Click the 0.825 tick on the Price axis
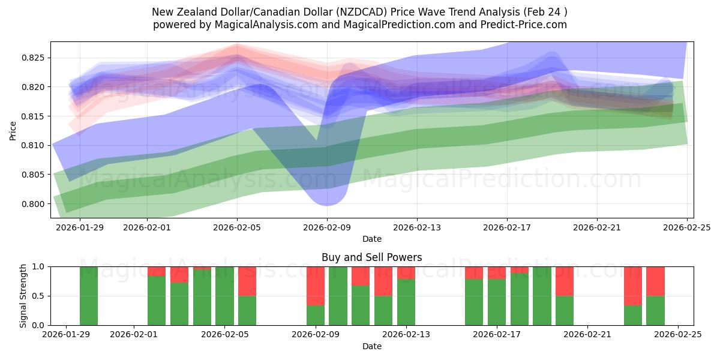click(34, 58)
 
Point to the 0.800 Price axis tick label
click(34, 204)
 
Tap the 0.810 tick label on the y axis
click(34, 146)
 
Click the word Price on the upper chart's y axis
click(13, 130)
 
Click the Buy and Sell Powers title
click(371, 257)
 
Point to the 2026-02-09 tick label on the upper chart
click(327, 227)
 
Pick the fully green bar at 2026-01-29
click(89, 296)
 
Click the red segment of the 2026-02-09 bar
click(316, 286)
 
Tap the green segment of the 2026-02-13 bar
click(406, 302)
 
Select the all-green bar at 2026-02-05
click(224, 296)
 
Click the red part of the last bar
click(655, 281)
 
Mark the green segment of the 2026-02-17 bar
click(497, 302)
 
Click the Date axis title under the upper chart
click(371, 239)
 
